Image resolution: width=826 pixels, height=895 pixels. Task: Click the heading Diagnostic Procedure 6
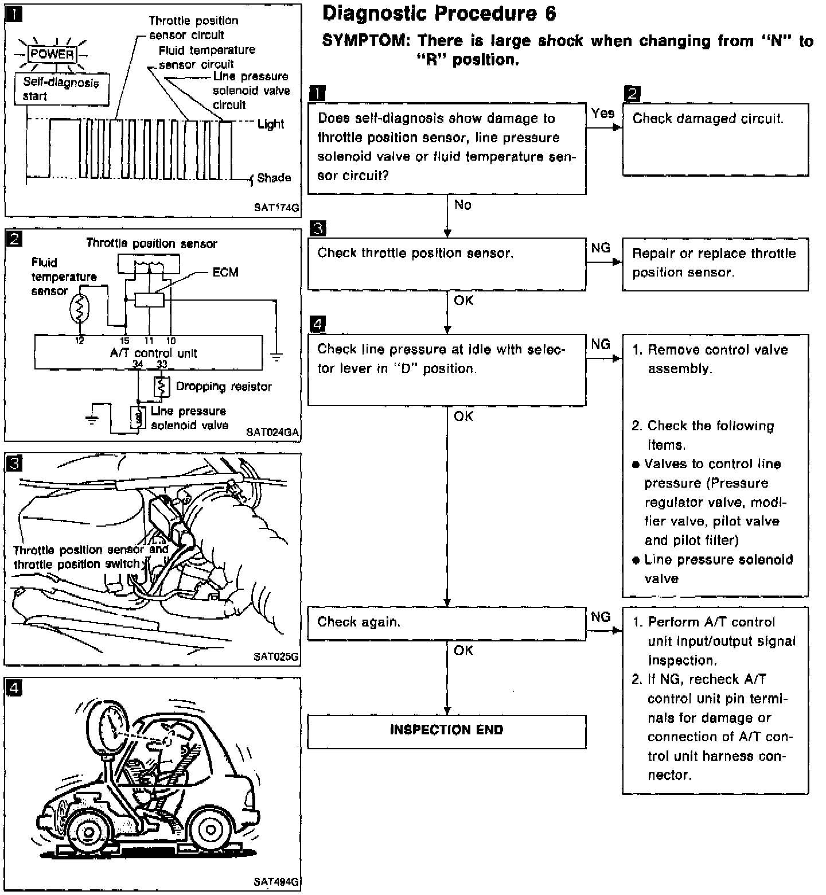(439, 13)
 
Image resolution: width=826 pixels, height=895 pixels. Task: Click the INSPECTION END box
(447, 731)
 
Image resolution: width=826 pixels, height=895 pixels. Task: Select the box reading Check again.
(447, 624)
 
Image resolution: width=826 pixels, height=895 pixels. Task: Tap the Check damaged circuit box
(715, 139)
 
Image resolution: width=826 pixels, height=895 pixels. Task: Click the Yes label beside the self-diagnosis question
(602, 114)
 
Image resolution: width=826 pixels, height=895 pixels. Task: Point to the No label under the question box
(463, 205)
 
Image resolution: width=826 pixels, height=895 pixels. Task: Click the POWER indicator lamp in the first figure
(52, 55)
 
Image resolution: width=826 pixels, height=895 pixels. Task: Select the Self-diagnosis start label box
(62, 89)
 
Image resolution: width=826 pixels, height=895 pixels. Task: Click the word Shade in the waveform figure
(274, 178)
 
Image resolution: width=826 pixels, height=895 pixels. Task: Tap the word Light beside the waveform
(271, 124)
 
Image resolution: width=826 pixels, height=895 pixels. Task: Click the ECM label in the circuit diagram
(225, 272)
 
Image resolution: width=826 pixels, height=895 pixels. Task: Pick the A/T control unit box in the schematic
(149, 352)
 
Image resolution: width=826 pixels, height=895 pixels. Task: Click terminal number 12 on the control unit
(79, 341)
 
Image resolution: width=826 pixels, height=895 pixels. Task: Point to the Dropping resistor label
(224, 387)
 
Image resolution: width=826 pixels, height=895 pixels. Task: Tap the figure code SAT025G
(276, 657)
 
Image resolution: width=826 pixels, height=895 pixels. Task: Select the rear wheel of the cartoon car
(207, 830)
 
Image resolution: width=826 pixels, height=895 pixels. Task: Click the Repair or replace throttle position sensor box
(715, 264)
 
